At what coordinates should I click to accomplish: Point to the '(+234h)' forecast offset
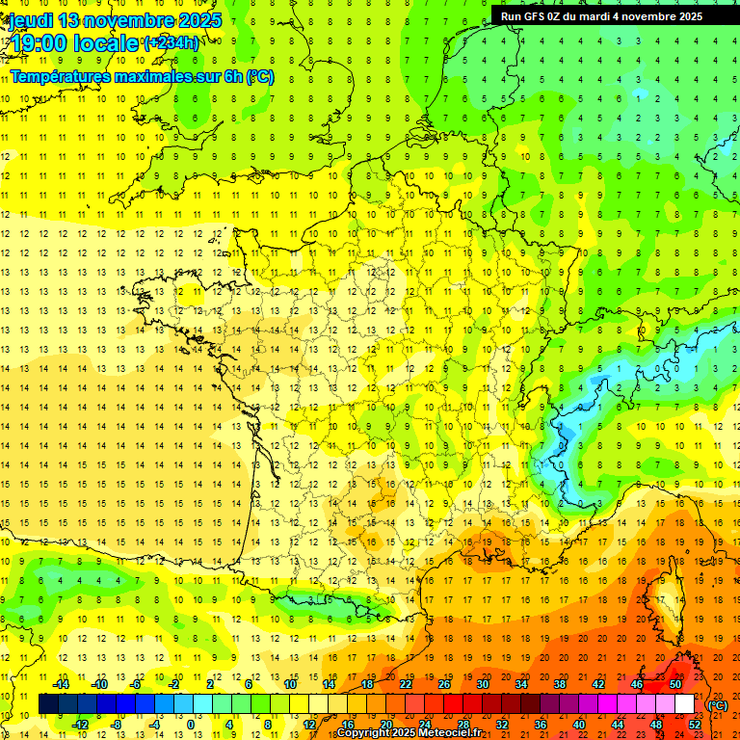[172, 42]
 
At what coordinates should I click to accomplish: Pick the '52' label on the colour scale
[695, 725]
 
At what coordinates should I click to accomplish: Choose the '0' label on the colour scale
[190, 725]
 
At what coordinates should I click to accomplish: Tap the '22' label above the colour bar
[406, 684]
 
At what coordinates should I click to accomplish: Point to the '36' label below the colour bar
[541, 725]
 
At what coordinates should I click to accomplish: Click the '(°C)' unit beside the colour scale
[719, 705]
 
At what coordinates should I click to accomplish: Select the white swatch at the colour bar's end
[685, 704]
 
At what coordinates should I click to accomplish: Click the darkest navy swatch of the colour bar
[48, 704]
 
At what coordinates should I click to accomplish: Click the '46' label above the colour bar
[637, 684]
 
